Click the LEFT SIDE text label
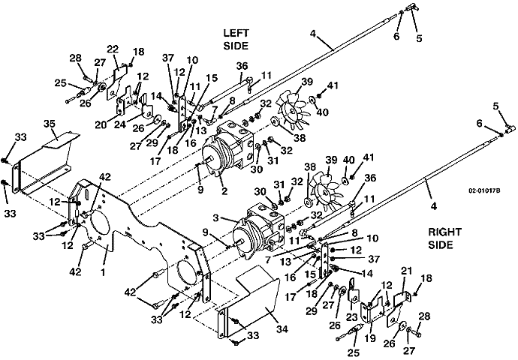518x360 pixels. tap(239, 40)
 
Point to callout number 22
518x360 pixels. tap(113, 49)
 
